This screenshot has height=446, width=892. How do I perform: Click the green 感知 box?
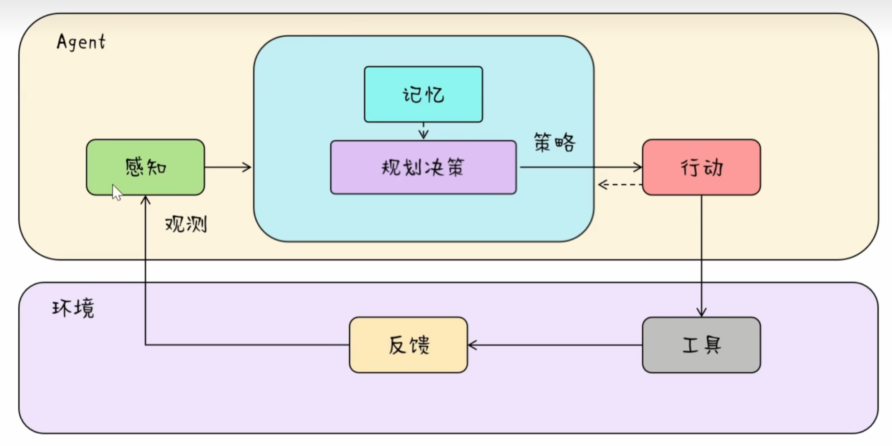146,167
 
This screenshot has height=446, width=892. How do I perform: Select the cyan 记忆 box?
423,94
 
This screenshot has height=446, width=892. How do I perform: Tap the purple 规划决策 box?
423,167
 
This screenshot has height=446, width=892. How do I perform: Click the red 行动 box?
701,167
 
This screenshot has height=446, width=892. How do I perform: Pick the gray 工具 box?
701,345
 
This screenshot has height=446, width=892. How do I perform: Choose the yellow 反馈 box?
408,345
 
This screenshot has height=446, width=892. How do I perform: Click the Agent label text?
81,42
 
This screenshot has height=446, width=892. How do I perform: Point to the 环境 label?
73,308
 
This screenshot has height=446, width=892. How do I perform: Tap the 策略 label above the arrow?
554,142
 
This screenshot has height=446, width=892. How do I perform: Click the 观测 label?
186,224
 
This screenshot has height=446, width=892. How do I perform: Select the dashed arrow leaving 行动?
620,185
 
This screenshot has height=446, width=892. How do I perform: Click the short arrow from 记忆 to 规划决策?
423,131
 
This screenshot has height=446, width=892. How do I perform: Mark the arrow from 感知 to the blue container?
228,167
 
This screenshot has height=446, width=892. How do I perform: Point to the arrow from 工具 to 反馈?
554,345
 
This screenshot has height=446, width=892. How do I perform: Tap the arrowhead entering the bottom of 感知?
146,200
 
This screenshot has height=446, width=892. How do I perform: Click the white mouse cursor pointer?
116,192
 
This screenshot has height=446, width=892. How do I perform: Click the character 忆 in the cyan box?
434,95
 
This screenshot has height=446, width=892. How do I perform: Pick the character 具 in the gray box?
712,345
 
